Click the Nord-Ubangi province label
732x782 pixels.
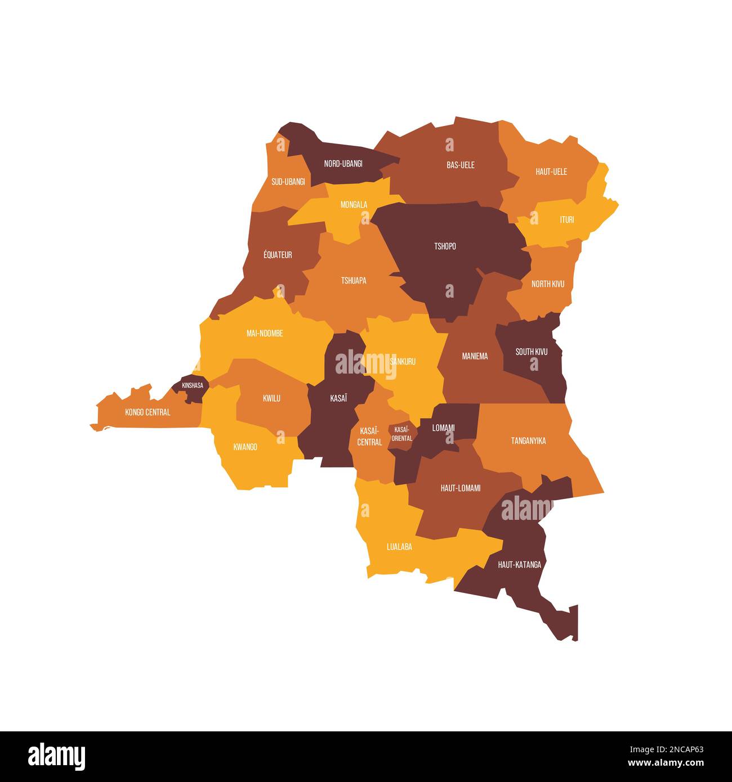[343, 164]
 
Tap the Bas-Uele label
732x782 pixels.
[460, 165]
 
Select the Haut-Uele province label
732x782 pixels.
[551, 172]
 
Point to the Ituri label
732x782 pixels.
[566, 219]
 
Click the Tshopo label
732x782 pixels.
[445, 246]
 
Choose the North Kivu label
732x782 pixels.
[547, 284]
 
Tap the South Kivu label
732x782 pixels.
[531, 352]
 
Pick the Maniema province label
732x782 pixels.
[475, 356]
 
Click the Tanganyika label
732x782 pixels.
[528, 441]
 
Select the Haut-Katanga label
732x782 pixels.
[519, 564]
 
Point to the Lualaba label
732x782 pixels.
[399, 546]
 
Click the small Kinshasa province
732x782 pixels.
[191, 386]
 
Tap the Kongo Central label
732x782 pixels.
[148, 412]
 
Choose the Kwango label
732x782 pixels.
[245, 447]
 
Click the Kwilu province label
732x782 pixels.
[271, 398]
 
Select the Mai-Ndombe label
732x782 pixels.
[265, 334]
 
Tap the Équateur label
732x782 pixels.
[278, 255]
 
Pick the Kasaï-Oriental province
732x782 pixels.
[401, 434]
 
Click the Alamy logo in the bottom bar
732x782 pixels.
[56, 756]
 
